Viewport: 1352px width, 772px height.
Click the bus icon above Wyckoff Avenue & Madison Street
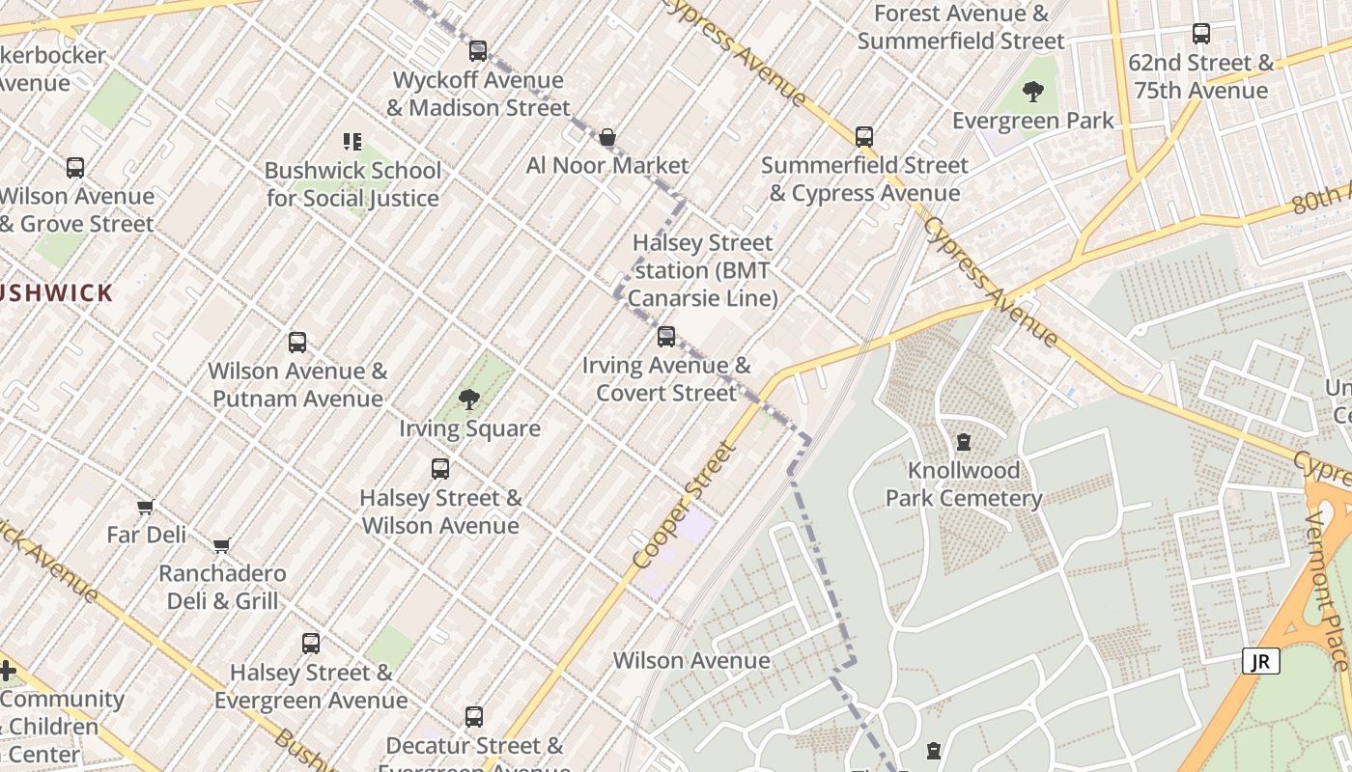coord(478,51)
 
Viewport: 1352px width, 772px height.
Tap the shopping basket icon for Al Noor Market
coord(607,138)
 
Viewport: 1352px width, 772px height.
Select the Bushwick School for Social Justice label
coord(352,184)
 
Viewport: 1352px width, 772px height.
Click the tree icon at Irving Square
coord(469,399)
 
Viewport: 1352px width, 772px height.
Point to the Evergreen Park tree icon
coord(1032,93)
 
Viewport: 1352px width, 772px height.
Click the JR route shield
coord(1261,661)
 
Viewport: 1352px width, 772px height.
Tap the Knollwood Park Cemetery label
coord(964,484)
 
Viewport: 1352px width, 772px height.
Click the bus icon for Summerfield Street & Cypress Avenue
coord(864,137)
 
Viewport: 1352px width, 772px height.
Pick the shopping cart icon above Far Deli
coord(146,507)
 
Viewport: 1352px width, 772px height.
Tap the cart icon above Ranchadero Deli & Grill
coord(221,545)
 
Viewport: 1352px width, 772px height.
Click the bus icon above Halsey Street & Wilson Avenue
coord(440,469)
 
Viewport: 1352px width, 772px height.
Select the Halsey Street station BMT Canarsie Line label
coord(702,270)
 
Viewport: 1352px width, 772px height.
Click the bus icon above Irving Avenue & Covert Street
coord(666,337)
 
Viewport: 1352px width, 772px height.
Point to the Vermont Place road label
coord(1327,591)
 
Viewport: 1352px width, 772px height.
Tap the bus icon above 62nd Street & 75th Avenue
coord(1201,34)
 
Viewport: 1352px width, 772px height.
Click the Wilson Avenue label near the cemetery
coord(691,661)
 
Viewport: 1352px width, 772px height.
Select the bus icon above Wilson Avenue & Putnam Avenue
coord(297,343)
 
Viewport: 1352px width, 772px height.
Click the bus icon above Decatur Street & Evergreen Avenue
coord(474,717)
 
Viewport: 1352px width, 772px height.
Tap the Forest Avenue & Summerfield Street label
coord(961,27)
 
